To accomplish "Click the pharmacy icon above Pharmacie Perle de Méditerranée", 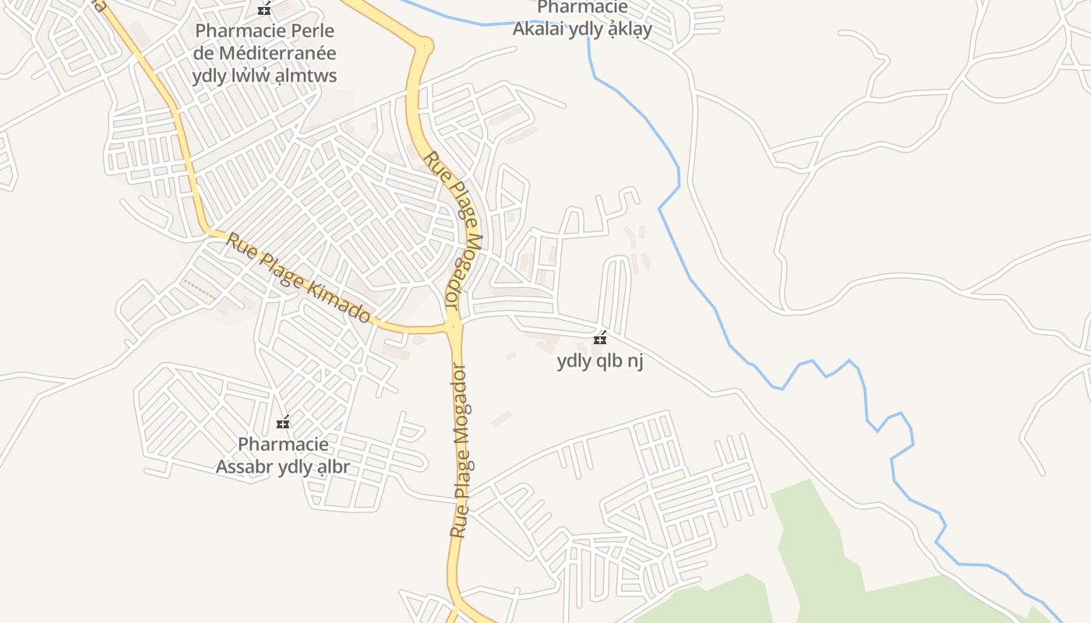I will click(x=265, y=9).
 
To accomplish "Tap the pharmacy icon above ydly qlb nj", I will click(x=600, y=339).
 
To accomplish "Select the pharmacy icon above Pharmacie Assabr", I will click(x=284, y=423).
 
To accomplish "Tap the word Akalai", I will click(x=538, y=30).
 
